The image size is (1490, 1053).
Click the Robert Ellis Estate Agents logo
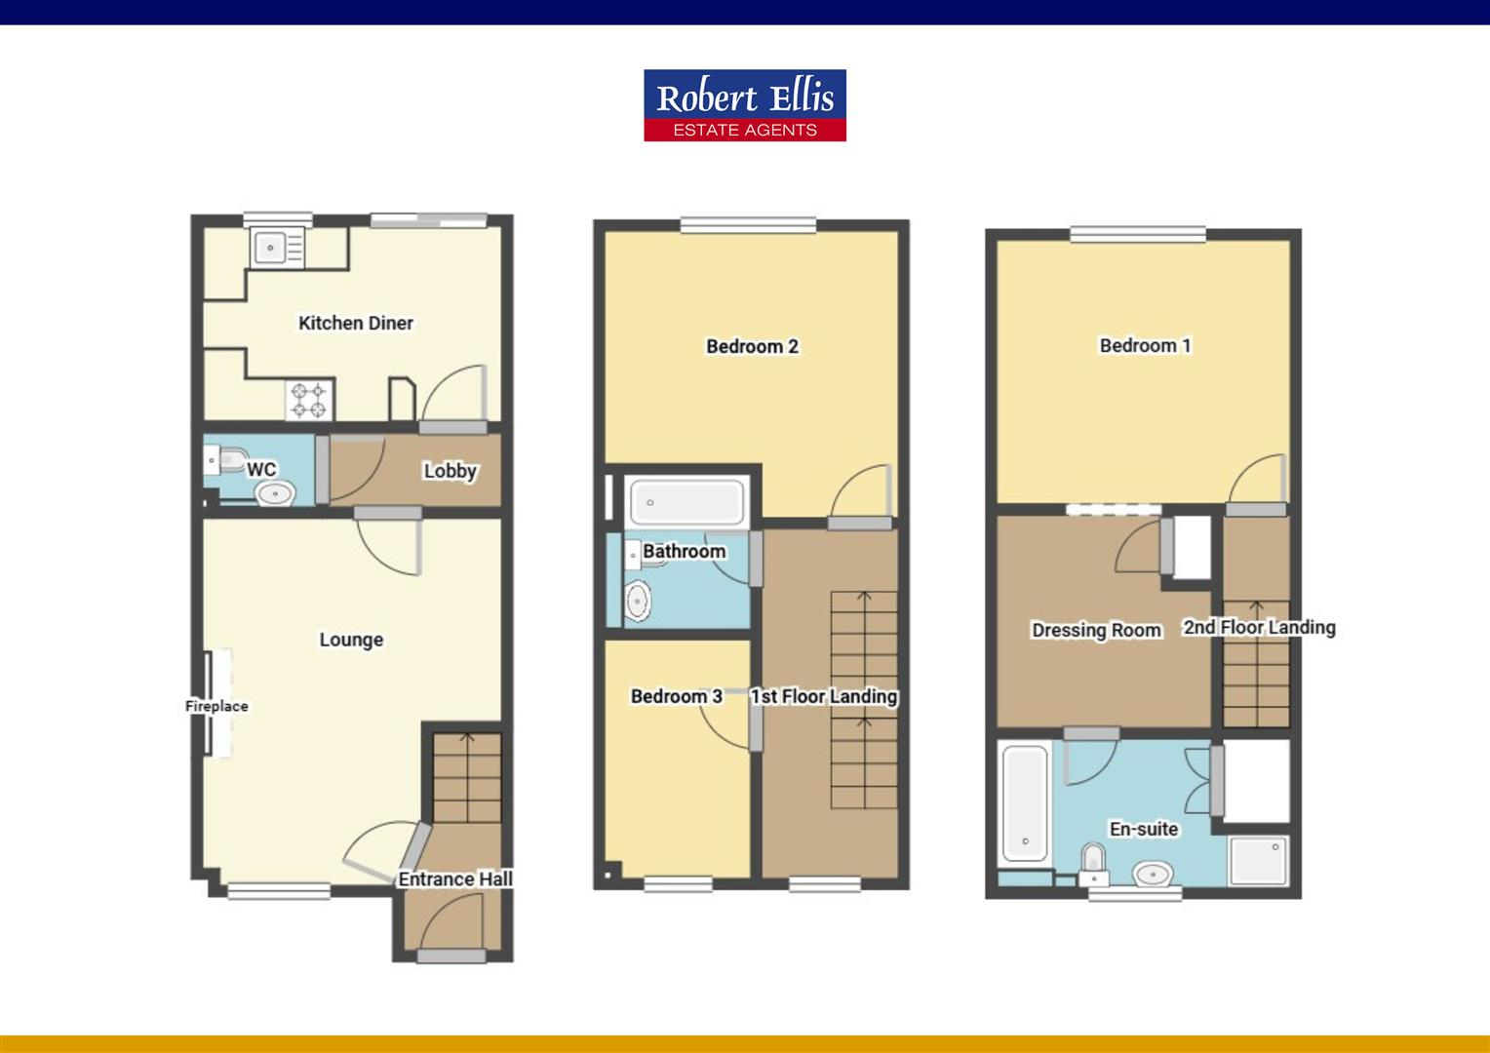pos(745,105)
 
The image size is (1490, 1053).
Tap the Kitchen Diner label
pos(356,323)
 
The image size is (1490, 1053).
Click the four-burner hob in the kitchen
pos(309,400)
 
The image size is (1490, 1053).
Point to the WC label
pos(260,470)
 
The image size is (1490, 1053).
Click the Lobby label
pos(450,471)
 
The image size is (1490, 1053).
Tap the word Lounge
pos(351,640)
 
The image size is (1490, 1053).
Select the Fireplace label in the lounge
pos(216,706)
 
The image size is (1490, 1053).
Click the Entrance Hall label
pos(454,879)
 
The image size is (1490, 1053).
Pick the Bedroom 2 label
pos(752,346)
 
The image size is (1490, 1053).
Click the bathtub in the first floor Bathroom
pos(686,503)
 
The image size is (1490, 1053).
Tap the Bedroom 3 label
pos(676,696)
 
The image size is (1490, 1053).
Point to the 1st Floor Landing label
pos(824,696)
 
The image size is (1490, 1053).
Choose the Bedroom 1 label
pos(1145,345)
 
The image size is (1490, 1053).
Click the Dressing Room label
pos(1096,630)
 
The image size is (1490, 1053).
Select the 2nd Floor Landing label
pos(1259,627)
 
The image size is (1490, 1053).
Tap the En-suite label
pos(1144,829)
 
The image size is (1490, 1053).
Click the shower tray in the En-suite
pos(1259,860)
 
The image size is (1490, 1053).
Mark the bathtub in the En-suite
pos(1025,803)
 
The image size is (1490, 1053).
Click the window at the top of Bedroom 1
pos(1137,234)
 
